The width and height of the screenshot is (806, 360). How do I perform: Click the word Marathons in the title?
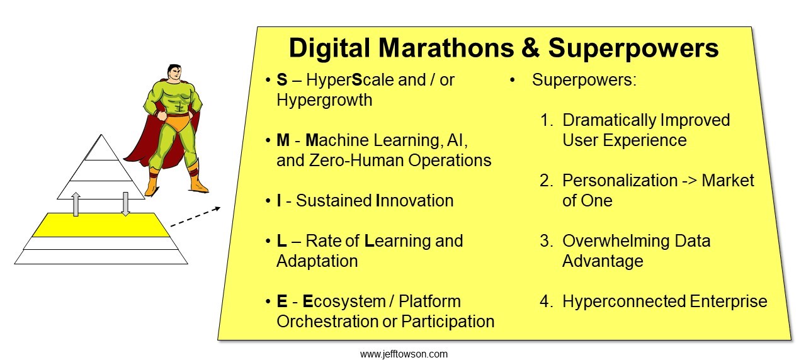[x=446, y=48]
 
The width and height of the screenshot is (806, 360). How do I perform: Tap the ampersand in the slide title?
[x=531, y=48]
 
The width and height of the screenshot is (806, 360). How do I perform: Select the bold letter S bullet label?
[x=281, y=80]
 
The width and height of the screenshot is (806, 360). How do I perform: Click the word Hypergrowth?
[x=324, y=100]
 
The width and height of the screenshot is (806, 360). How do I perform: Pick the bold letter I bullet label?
[x=279, y=201]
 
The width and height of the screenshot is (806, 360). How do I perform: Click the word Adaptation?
[x=317, y=261]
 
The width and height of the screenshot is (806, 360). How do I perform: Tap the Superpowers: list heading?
[x=584, y=80]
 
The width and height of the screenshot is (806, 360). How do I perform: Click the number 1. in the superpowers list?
[x=547, y=120]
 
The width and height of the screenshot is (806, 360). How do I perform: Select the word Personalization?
[x=620, y=181]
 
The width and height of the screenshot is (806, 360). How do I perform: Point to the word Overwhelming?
[x=616, y=241]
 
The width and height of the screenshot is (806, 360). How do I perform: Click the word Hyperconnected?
[x=623, y=301]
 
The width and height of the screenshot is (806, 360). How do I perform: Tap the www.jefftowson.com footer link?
[x=404, y=354]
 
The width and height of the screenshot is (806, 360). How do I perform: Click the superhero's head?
[x=174, y=74]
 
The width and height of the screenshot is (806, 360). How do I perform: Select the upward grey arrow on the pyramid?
[x=76, y=204]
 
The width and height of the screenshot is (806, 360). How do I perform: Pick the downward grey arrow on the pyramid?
[x=125, y=204]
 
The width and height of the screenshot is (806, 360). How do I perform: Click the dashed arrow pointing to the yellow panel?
[x=195, y=217]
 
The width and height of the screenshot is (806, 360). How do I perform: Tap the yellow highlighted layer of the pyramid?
[x=101, y=225]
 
